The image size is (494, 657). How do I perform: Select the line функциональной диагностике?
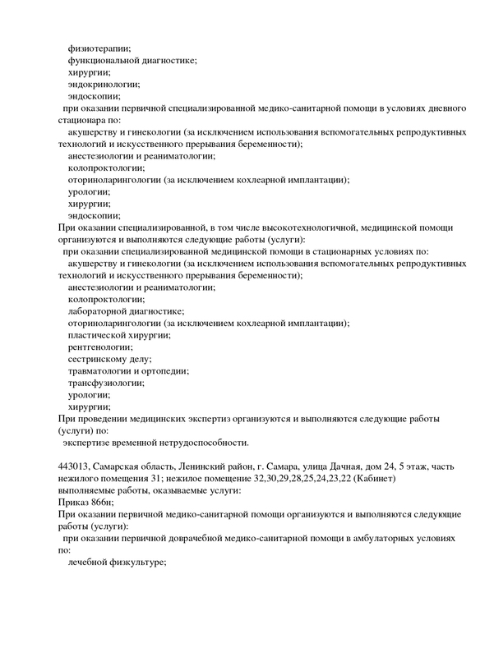(132, 61)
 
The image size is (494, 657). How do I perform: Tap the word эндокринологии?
(104, 84)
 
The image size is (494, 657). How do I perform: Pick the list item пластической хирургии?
(119, 334)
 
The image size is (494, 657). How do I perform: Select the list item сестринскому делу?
(110, 358)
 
